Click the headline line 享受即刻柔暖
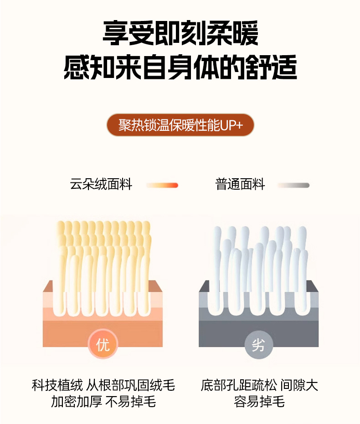pyautogui.click(x=180, y=33)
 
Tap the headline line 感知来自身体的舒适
pyautogui.click(x=180, y=67)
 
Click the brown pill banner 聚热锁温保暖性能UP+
pyautogui.click(x=180, y=125)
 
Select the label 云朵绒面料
pyautogui.click(x=101, y=185)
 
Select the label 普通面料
pyautogui.click(x=240, y=185)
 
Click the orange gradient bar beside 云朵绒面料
pyautogui.click(x=162, y=185)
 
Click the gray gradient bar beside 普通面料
pyautogui.click(x=293, y=185)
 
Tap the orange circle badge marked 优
pyautogui.click(x=103, y=344)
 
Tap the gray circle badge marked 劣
pyautogui.click(x=259, y=345)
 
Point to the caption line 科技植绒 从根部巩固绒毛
pyautogui.click(x=103, y=385)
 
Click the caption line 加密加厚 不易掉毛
pyautogui.click(x=103, y=401)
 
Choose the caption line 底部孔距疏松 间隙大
pyautogui.click(x=259, y=385)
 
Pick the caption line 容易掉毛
pyautogui.click(x=259, y=401)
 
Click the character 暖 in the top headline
pyautogui.click(x=246, y=33)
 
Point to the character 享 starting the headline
pyautogui.click(x=115, y=33)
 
